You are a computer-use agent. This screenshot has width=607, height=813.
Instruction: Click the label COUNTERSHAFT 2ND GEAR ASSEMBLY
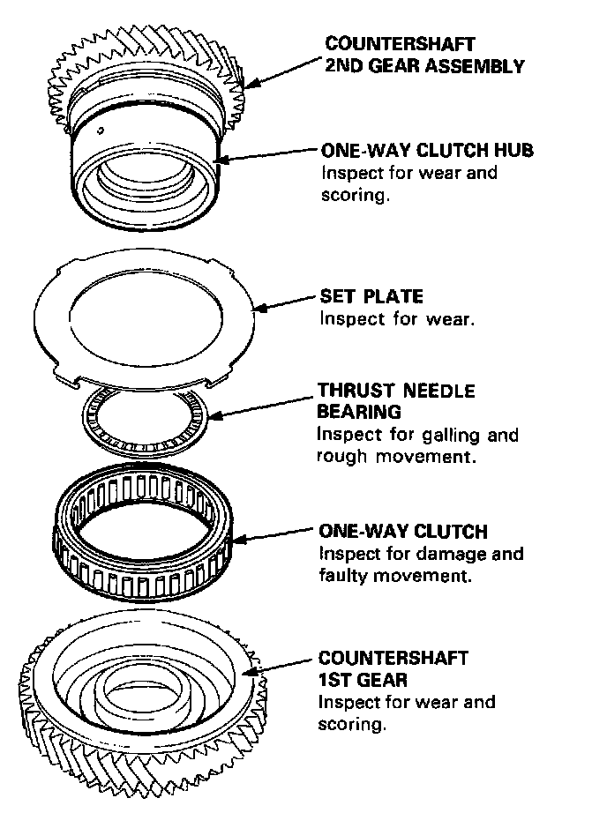(x=425, y=55)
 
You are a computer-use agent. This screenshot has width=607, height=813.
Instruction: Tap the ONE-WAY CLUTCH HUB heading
(x=427, y=150)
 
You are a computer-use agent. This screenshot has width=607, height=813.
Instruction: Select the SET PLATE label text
(x=371, y=296)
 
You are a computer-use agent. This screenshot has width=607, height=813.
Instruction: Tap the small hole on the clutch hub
(x=102, y=131)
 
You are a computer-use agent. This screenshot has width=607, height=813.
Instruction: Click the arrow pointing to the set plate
(x=284, y=302)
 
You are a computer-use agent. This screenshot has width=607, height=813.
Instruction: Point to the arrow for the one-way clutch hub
(x=265, y=154)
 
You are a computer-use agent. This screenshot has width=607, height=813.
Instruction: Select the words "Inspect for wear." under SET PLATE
(x=397, y=319)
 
